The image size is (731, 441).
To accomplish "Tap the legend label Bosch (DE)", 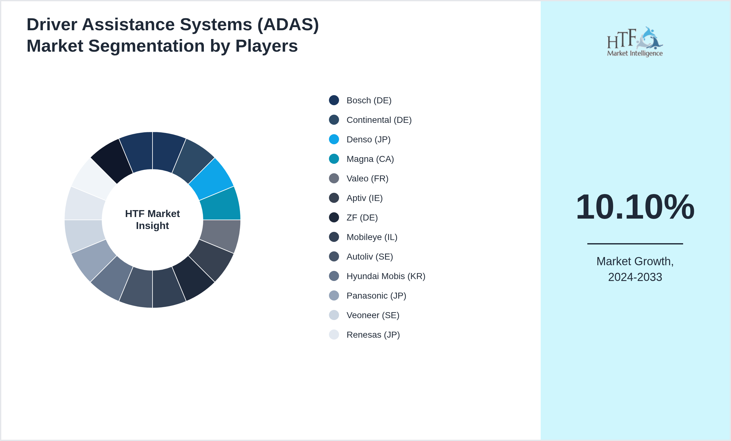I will click(x=369, y=100).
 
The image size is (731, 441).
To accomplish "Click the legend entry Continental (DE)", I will click(x=379, y=120).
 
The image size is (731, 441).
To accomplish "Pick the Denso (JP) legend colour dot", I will click(x=334, y=140).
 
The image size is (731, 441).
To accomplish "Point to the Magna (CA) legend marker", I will click(x=334, y=159).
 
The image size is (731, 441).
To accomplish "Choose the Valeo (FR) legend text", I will click(x=367, y=179).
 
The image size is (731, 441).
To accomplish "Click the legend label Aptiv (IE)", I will click(x=364, y=198).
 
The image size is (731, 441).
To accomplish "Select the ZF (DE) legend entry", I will click(x=362, y=218).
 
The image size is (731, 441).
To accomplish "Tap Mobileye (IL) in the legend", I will click(x=372, y=237).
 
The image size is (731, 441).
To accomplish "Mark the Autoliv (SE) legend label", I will click(x=370, y=257).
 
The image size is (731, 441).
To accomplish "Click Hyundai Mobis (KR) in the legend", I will click(x=386, y=276).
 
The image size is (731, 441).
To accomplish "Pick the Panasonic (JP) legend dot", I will click(x=334, y=296).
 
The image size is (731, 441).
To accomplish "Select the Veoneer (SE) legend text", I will click(x=373, y=315).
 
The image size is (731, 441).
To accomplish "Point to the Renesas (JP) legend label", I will click(x=373, y=335).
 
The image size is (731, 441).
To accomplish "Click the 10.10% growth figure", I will click(x=635, y=207).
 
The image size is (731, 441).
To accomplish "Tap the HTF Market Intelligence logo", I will click(x=635, y=42).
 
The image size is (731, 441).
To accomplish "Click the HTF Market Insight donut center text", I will click(x=153, y=220).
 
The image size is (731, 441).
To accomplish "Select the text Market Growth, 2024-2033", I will click(x=635, y=269).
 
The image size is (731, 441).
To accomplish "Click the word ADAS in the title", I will click(x=288, y=25).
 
